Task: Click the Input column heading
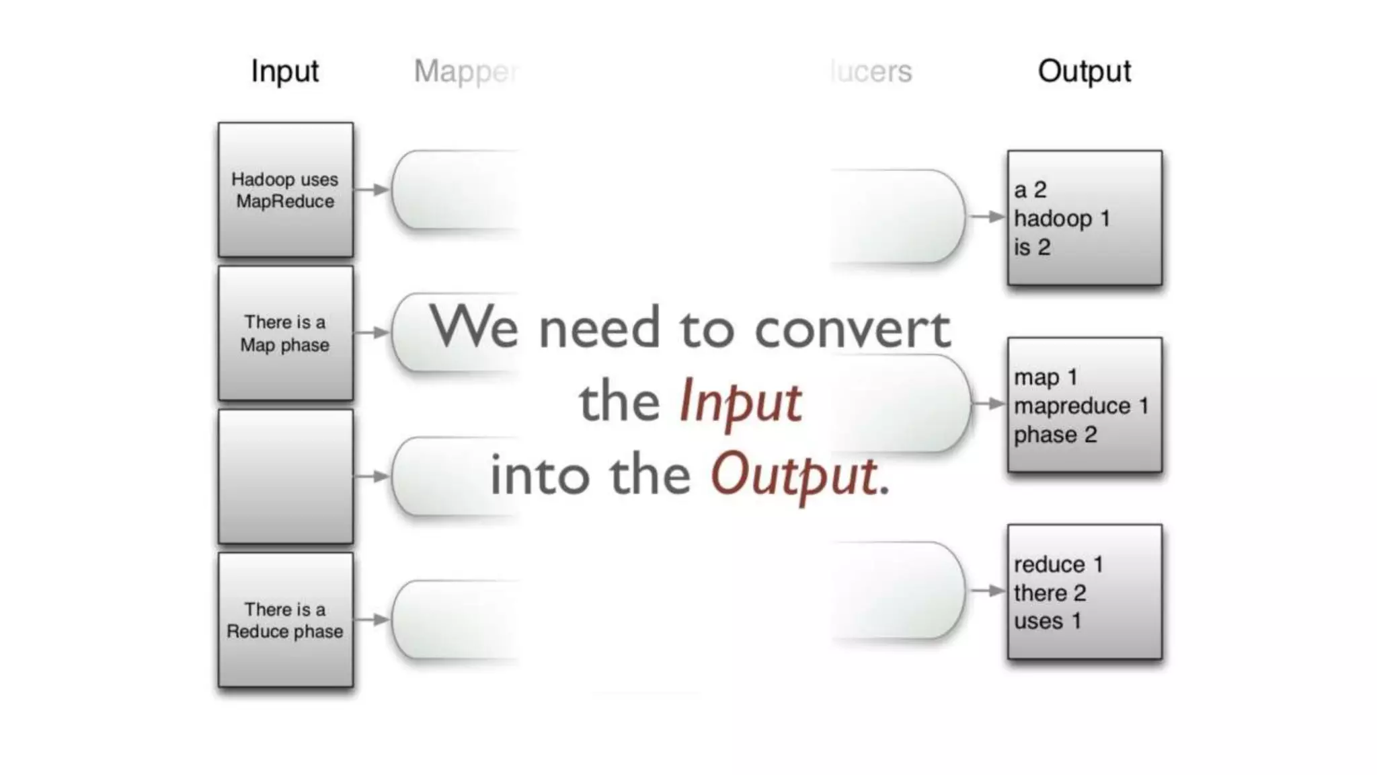point(284,71)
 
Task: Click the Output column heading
point(1084,71)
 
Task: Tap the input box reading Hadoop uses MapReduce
point(285,190)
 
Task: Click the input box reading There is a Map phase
point(285,333)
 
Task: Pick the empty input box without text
point(285,476)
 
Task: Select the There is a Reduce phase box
point(285,620)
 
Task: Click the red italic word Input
point(740,402)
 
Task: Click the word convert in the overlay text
point(853,329)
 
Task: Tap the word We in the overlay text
point(474,326)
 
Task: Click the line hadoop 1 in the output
point(1062,219)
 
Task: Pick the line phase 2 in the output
point(1055,435)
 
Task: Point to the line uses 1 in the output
point(1047,620)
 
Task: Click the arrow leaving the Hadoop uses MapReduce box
point(371,190)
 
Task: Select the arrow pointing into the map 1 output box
point(988,404)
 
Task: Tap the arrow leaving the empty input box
point(371,476)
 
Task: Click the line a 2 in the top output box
point(1030,190)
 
